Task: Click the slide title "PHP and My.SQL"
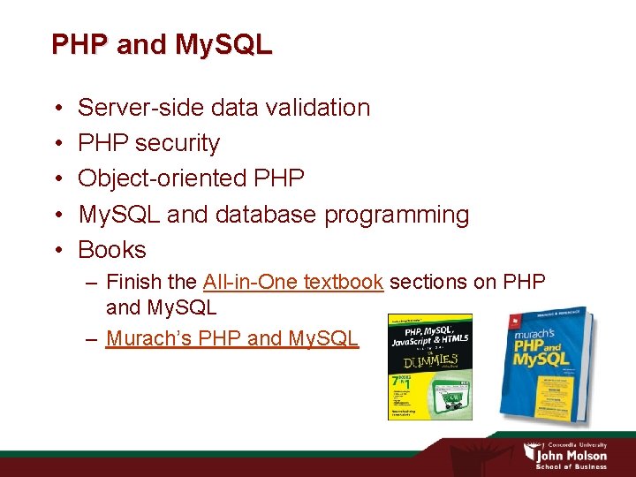(162, 44)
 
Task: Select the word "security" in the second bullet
(178, 143)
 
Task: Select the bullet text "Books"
(112, 250)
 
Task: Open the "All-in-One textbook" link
(292, 282)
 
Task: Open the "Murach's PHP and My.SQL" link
(232, 337)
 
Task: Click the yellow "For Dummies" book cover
(430, 367)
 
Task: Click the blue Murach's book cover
(548, 362)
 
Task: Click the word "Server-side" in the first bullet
(141, 108)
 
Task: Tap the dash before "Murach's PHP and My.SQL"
(92, 337)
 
